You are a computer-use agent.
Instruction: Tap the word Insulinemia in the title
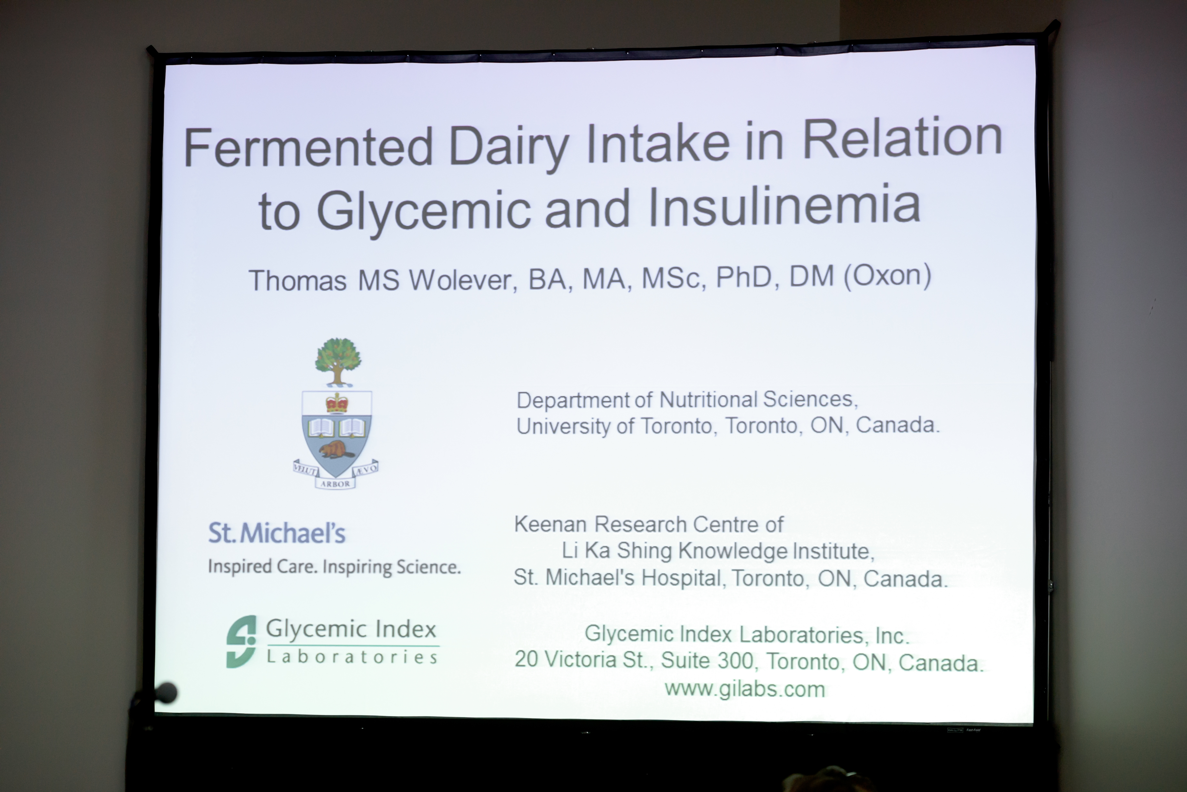(x=784, y=205)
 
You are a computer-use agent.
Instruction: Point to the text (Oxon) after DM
(x=887, y=276)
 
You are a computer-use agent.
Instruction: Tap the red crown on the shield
(x=337, y=403)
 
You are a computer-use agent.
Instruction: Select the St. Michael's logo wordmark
(x=277, y=533)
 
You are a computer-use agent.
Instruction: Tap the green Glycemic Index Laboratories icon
(x=241, y=641)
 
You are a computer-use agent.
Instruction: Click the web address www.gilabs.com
(x=744, y=688)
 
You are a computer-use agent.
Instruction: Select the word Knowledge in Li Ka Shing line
(x=733, y=551)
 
